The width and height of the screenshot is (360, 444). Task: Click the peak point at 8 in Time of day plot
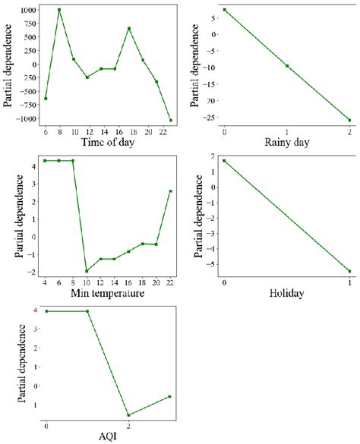pos(59,10)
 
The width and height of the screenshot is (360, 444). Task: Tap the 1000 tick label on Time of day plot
pos(29,10)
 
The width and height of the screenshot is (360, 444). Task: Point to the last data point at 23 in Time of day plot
pos(171,120)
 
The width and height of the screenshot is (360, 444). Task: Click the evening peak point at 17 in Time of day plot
pos(129,28)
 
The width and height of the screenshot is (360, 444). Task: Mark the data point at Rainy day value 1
pos(287,65)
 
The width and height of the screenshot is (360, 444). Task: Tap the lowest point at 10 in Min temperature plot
pos(87,271)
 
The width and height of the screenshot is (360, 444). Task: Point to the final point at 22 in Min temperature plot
pos(170,191)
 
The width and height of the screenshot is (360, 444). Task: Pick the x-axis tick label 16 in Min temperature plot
pos(128,283)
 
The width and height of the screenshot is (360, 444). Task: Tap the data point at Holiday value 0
pos(224,161)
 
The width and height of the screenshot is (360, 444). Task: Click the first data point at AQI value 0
pos(46,311)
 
